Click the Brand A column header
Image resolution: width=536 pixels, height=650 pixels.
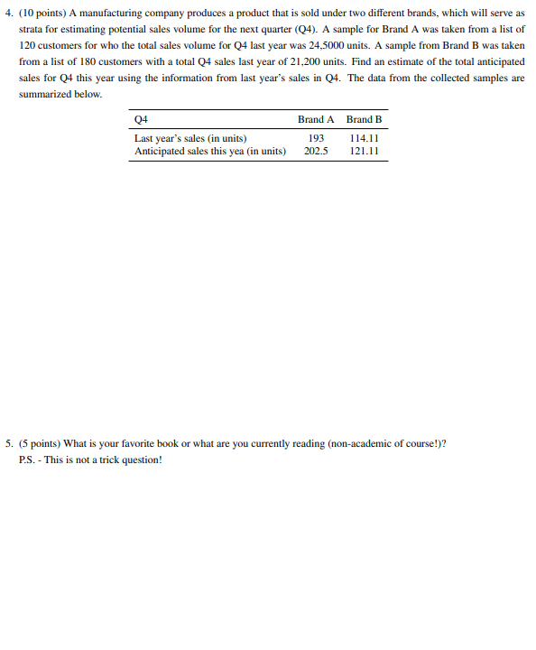316,119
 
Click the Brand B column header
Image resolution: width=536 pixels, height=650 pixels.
364,119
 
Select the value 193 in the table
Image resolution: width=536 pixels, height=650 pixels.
316,138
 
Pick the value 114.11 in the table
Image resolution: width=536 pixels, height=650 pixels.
364,138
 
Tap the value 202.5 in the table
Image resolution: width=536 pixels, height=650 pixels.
316,151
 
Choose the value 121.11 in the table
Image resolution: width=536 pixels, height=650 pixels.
364,151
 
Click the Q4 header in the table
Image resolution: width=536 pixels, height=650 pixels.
141,119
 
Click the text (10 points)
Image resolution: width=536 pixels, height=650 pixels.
38,13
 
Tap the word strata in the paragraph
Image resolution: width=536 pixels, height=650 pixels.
31,29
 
